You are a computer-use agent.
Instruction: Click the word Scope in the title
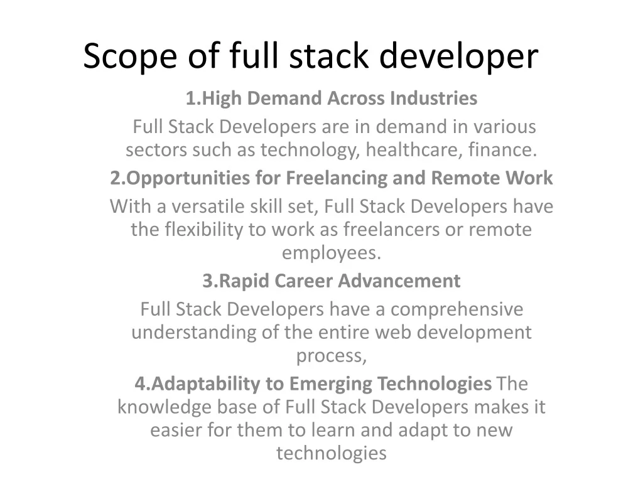(x=131, y=56)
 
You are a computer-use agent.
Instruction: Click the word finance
(x=503, y=149)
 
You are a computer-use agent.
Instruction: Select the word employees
(x=332, y=254)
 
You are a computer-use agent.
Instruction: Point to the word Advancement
(x=399, y=281)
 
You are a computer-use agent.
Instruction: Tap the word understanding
(x=194, y=333)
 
